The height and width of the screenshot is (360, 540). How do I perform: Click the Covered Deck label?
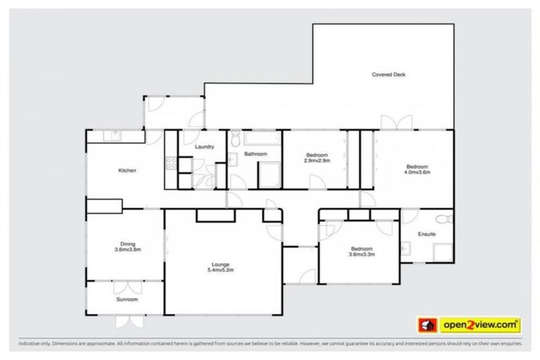coord(388,75)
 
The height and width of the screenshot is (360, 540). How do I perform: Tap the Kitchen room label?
coord(127,171)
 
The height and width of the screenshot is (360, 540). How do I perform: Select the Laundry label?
coord(205,146)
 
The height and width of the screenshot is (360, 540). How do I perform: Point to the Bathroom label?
coord(255,153)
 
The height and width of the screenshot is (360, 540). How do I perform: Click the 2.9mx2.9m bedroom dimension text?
coord(317,160)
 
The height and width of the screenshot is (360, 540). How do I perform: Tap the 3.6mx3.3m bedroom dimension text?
coord(361,255)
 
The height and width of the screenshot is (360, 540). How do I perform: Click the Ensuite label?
coord(426,234)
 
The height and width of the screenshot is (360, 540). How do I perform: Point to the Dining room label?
coord(127,244)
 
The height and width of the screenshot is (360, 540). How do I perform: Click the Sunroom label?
coord(127,300)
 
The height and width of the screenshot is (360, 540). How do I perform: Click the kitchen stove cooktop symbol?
coord(170,164)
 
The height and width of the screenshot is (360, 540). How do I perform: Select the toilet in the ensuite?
coord(441,218)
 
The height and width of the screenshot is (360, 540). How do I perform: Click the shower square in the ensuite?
coord(442,252)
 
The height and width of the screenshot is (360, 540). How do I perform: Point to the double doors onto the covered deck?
coord(392,122)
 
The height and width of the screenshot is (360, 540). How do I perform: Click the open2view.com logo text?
coord(480,325)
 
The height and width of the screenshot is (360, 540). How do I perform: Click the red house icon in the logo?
coord(425,325)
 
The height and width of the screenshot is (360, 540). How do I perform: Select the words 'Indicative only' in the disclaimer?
coord(34,345)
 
